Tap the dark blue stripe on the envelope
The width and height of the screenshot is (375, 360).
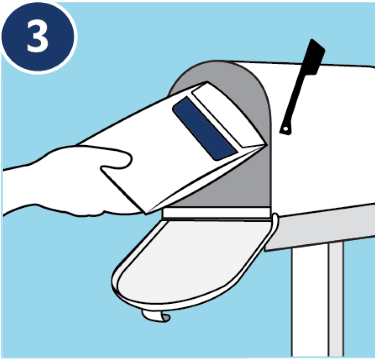tap(205, 128)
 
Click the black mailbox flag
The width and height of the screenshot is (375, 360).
tap(302, 86)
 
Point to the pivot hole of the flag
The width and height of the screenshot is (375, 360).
tap(285, 129)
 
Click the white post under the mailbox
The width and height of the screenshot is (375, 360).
tap(310, 301)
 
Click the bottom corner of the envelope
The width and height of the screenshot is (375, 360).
tap(146, 214)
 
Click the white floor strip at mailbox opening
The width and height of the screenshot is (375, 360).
tap(216, 213)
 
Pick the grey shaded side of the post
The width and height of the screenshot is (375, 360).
tap(336, 300)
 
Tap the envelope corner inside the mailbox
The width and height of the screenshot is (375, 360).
tap(266, 145)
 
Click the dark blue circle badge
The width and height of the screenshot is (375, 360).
tap(38, 36)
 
